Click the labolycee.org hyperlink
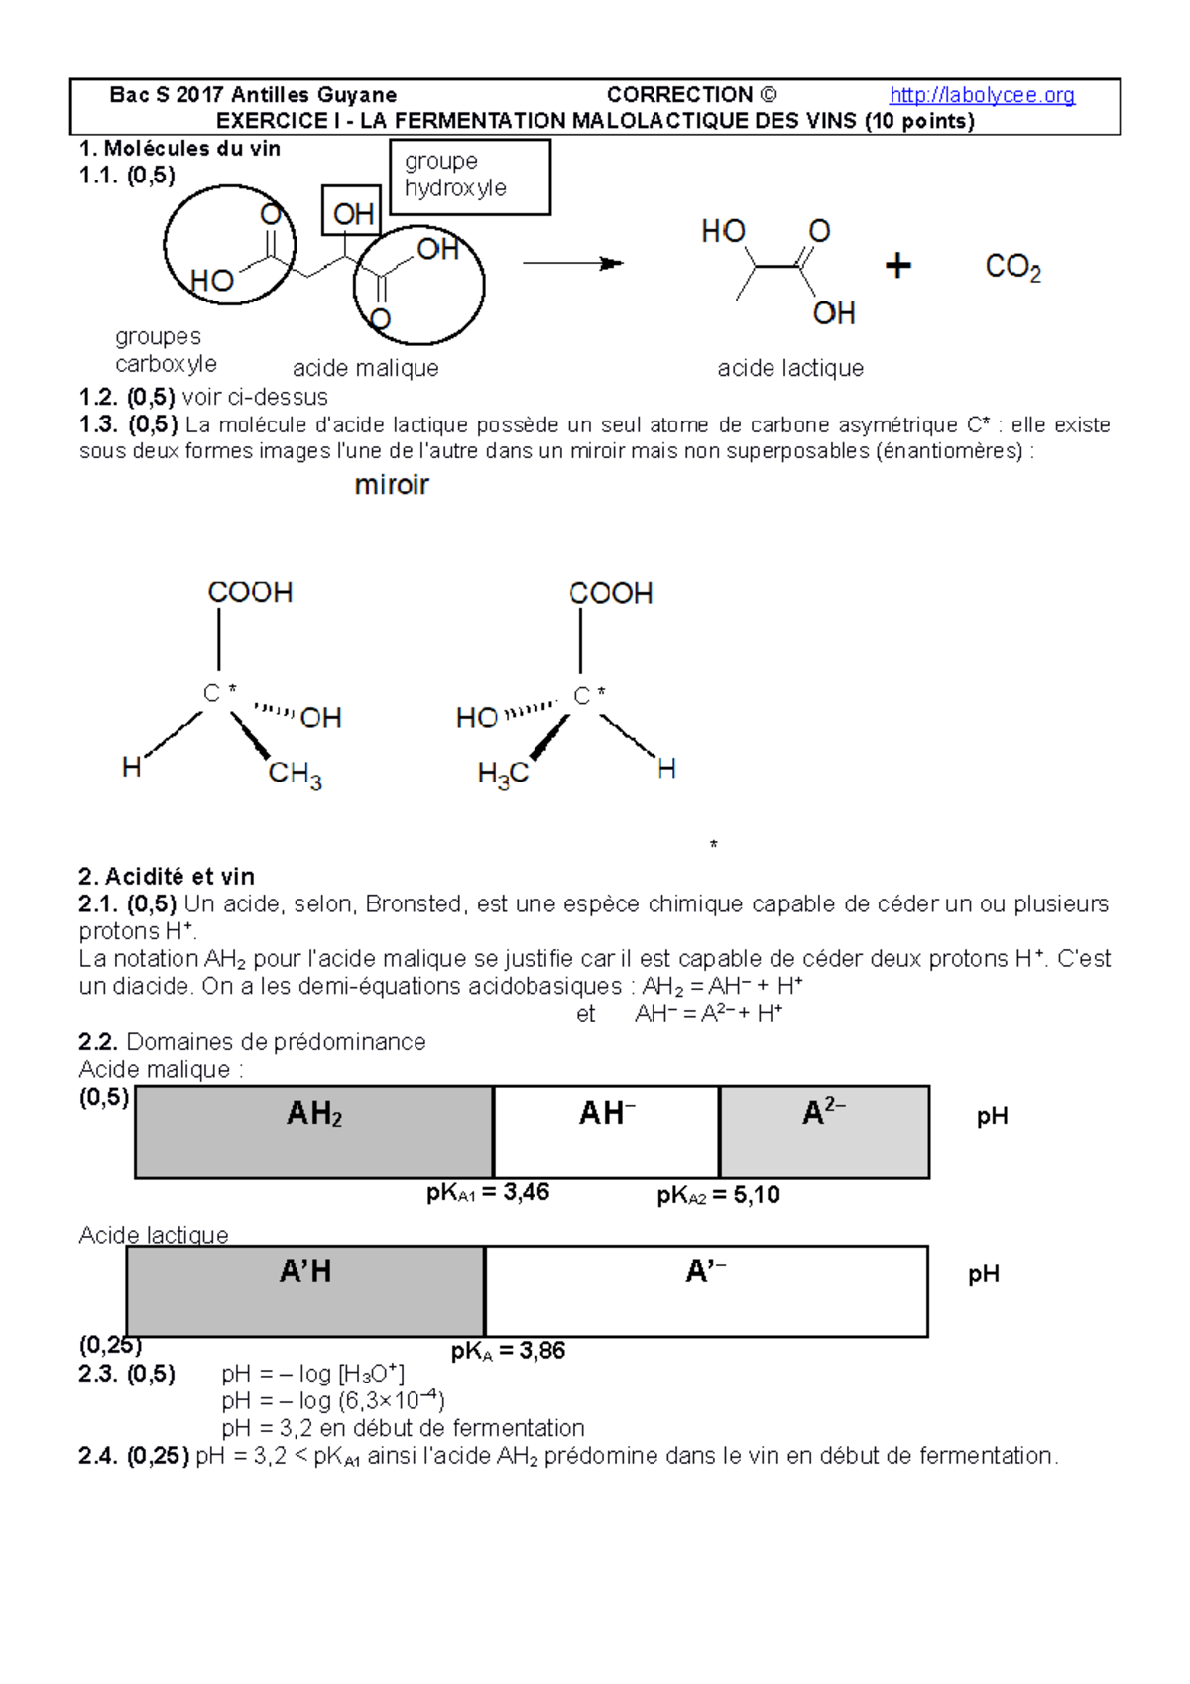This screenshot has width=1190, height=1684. [x=982, y=95]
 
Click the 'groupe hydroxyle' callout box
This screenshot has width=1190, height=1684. [x=470, y=177]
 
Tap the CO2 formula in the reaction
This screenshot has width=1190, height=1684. [x=1012, y=267]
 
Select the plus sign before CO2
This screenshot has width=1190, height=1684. [x=897, y=266]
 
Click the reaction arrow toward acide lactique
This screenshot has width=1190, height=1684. [x=572, y=263]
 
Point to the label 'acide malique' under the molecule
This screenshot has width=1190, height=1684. [x=365, y=368]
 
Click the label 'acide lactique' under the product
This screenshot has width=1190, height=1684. [x=790, y=368]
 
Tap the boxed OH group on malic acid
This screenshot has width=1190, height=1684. [x=352, y=211]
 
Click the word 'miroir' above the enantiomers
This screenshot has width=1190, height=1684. [x=392, y=484]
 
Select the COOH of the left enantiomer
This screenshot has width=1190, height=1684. [x=250, y=592]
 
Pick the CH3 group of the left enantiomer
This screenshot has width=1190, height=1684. [x=295, y=774]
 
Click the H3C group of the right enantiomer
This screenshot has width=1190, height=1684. [x=503, y=774]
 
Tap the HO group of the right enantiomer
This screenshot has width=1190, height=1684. [x=477, y=717]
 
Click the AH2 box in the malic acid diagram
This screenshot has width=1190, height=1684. [x=314, y=1132]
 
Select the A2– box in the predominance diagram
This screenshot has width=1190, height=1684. [x=824, y=1132]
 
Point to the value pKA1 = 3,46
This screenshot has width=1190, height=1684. [x=488, y=1192]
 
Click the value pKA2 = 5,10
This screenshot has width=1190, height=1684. [x=718, y=1195]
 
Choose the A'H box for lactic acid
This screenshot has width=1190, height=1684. [x=305, y=1290]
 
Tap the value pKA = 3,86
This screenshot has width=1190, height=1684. [x=508, y=1351]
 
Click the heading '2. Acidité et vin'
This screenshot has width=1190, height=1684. [x=167, y=876]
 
